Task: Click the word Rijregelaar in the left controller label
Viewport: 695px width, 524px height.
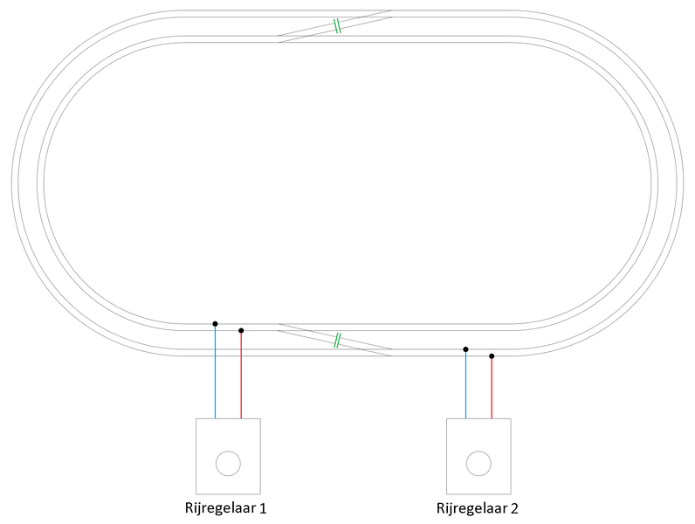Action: [x=220, y=508]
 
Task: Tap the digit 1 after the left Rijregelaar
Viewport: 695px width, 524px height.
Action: [x=263, y=507]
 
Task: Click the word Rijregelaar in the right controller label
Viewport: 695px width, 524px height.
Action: [x=471, y=508]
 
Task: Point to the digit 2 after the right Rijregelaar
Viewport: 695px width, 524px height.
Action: [x=514, y=507]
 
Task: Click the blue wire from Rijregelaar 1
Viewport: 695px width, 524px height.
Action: [x=216, y=371]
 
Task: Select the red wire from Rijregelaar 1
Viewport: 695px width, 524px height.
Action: [x=241, y=375]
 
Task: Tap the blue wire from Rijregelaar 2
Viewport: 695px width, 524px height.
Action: [x=466, y=384]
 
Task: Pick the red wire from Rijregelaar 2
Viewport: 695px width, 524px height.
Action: [x=492, y=388]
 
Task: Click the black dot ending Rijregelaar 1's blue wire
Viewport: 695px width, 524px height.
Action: [x=216, y=324]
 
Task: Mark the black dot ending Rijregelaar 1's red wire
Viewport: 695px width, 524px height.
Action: [x=241, y=331]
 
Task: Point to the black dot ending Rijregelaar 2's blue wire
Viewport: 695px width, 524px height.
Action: [x=466, y=349]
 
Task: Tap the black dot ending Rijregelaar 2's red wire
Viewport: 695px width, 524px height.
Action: [x=492, y=356]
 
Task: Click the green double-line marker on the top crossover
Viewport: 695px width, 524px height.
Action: [x=337, y=26]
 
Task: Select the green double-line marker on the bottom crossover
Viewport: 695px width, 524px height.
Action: [x=337, y=340]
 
